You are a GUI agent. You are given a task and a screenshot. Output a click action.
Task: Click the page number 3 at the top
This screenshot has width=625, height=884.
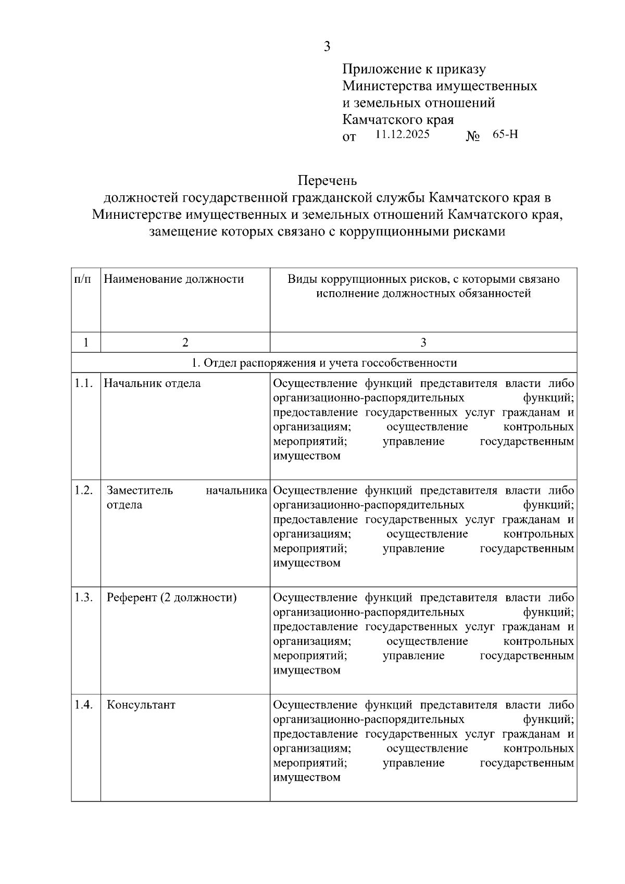(x=327, y=46)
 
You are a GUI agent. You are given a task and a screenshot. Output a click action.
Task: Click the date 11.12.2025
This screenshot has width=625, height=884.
(x=402, y=134)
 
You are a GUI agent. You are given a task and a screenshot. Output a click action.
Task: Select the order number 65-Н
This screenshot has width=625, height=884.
(x=505, y=134)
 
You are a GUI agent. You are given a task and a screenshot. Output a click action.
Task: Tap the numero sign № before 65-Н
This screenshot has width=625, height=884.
(x=472, y=137)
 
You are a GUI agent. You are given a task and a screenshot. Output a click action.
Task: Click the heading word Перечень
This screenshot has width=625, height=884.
(x=327, y=181)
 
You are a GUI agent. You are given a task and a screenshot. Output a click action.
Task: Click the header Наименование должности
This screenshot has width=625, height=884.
(x=174, y=279)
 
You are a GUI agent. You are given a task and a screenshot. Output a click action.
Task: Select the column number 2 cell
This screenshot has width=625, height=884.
(x=185, y=342)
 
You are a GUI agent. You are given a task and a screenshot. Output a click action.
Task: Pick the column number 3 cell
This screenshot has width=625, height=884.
(x=423, y=342)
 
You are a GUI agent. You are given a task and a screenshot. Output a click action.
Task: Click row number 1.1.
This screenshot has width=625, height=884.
(x=83, y=383)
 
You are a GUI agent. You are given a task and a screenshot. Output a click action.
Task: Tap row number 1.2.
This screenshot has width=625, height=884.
(x=83, y=491)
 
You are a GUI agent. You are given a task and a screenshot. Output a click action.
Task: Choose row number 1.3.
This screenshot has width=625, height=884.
(x=83, y=597)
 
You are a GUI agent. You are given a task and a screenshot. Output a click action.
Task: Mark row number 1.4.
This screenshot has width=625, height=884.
(x=83, y=705)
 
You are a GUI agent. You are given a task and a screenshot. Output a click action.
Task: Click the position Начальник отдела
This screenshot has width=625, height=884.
(x=152, y=383)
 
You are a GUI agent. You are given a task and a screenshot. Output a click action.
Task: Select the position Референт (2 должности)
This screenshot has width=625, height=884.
(x=171, y=597)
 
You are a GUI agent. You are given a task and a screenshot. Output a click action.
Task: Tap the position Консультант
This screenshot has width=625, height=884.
(x=141, y=705)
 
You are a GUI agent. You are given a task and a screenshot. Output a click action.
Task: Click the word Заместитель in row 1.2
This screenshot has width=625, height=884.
(x=140, y=491)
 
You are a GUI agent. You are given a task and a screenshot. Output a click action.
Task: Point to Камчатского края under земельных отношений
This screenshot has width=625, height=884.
(x=398, y=120)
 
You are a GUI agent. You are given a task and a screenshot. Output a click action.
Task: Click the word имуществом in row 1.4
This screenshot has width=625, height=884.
(x=307, y=777)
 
